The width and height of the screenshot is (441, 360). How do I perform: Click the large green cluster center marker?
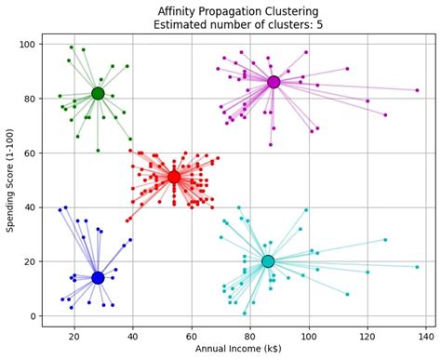click(98, 93)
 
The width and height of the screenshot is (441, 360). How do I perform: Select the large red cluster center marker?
click(174, 177)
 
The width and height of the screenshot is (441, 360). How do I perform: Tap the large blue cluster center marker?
click(98, 277)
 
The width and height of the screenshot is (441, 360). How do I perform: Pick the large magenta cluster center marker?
click(273, 82)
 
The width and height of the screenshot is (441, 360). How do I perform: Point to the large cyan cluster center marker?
click(268, 261)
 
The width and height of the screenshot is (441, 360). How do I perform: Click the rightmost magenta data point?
click(417, 90)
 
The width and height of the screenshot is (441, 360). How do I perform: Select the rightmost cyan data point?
click(417, 267)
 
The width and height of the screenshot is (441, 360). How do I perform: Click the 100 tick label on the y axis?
click(26, 45)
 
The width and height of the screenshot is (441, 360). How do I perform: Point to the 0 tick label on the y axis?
click(32, 316)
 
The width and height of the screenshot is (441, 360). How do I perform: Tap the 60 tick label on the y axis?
click(29, 153)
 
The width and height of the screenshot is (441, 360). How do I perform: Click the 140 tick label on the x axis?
click(425, 335)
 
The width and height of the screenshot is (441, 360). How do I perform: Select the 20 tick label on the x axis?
click(74, 335)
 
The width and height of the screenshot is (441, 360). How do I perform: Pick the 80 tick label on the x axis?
click(250, 335)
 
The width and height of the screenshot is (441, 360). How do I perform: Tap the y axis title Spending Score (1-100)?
click(10, 180)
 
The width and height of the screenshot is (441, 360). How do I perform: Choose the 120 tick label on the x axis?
click(367, 335)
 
